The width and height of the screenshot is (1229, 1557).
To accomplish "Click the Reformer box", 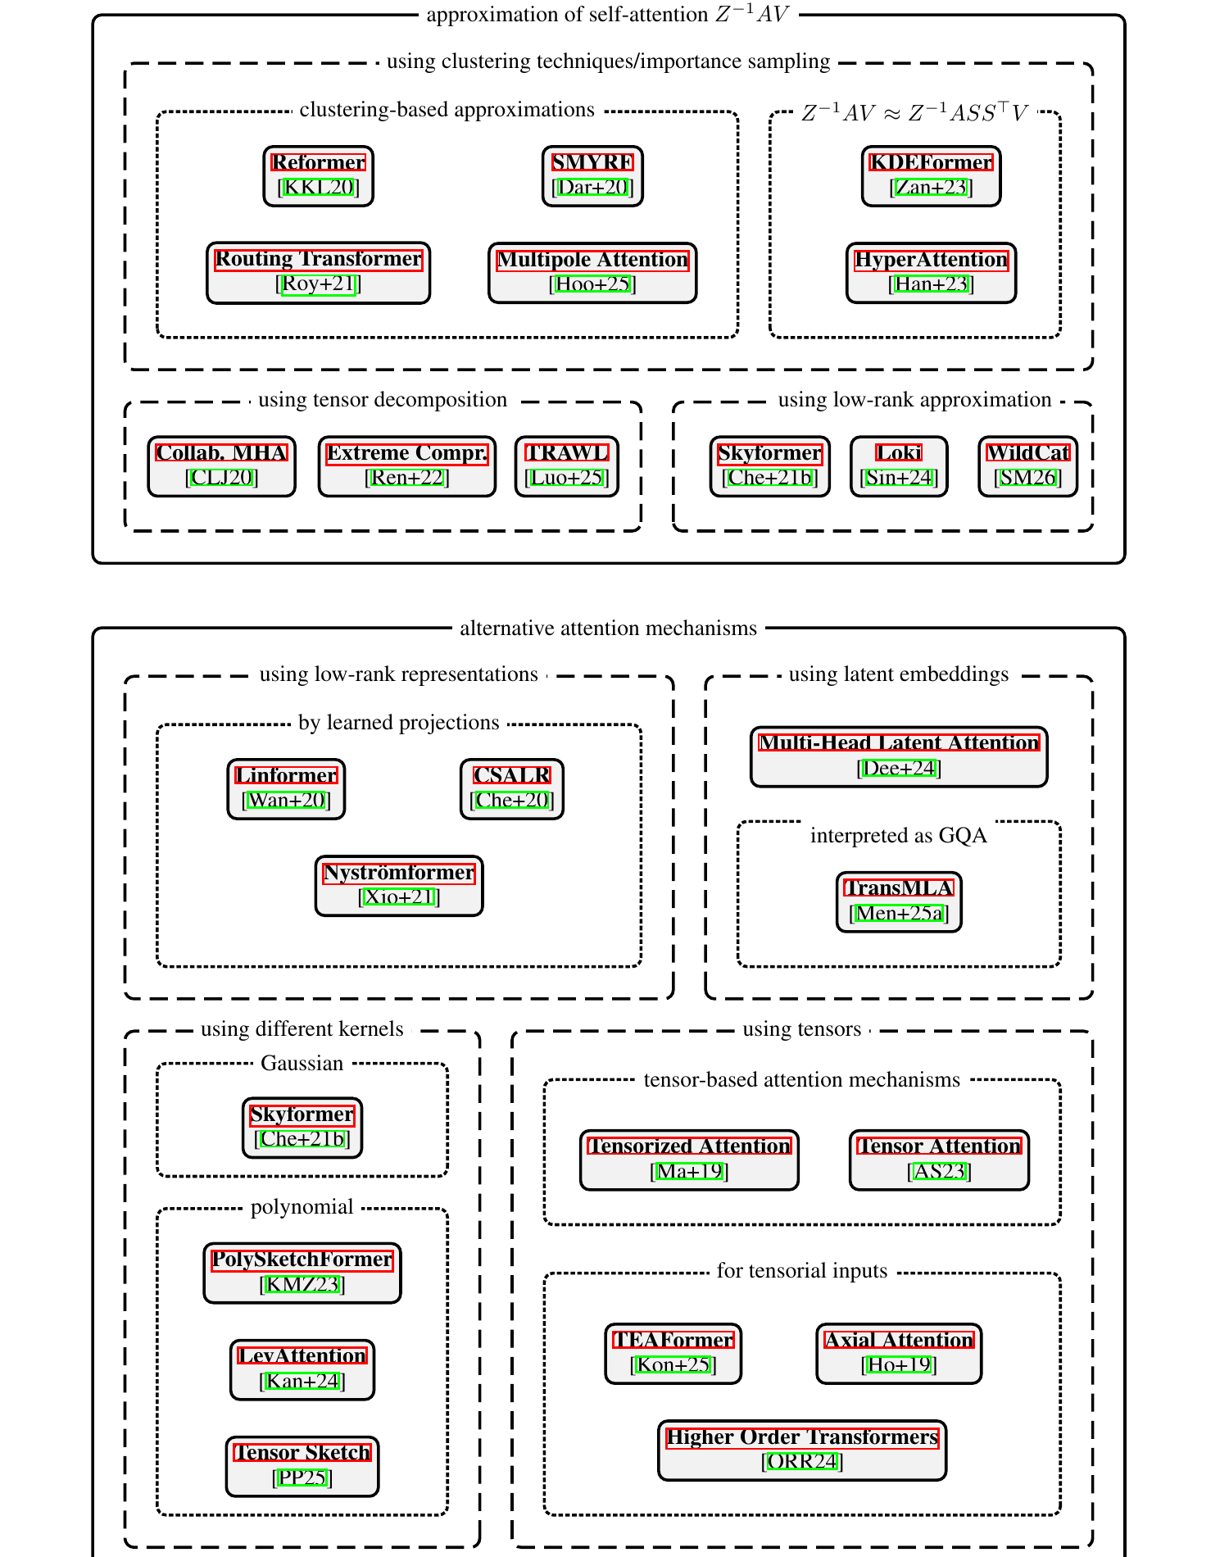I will point(318,175).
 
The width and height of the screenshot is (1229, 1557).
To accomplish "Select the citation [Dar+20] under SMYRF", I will point(592,188).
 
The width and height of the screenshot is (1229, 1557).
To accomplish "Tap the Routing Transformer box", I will point(318,272).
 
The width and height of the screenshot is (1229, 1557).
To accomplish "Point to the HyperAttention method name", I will point(931,260).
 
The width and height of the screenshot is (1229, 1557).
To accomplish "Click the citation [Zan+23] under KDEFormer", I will point(931,188).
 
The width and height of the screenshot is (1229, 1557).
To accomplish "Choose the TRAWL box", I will point(566,465).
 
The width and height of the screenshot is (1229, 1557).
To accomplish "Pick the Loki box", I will point(899,465).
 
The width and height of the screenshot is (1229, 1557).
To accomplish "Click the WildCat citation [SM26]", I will point(1027,478).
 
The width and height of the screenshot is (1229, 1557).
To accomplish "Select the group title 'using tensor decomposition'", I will point(383,400).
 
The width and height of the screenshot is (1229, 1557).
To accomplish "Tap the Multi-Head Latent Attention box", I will point(899,756).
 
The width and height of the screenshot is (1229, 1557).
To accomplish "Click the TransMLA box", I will point(899,901).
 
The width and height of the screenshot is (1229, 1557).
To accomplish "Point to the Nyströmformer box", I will point(399,885).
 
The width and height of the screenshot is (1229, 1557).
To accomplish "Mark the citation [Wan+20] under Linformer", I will point(286,801).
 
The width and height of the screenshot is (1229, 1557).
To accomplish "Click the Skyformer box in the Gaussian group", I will point(302,1127).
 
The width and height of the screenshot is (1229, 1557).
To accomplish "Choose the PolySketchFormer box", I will point(302,1272).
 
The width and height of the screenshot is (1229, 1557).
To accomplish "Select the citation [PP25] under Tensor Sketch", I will point(302,1478).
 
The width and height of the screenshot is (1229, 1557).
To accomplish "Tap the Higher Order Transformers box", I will point(801,1450).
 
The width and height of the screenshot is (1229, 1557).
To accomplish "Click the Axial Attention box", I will point(899,1353).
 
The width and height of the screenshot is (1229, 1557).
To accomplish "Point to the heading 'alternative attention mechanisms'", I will point(608,629).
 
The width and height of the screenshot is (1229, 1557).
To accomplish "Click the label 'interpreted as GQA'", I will point(898,836).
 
